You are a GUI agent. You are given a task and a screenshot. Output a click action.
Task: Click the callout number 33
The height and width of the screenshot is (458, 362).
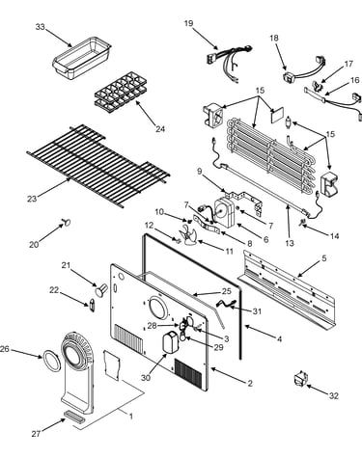pos(41,27)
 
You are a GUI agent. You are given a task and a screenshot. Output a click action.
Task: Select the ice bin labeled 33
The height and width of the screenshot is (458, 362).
pos(82,58)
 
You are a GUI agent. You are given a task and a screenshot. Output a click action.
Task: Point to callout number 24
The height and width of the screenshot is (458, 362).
pos(160,129)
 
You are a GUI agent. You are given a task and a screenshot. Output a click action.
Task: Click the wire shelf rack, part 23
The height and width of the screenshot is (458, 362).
pos(98,166)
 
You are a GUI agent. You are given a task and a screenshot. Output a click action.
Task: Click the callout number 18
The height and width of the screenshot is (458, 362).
pos(274,38)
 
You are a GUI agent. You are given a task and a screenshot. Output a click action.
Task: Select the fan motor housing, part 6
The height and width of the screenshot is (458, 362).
pos(225,212)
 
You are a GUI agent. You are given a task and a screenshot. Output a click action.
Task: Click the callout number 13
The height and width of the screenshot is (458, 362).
pos(290,243)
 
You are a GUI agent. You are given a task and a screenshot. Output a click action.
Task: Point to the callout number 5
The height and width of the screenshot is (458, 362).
pos(323,257)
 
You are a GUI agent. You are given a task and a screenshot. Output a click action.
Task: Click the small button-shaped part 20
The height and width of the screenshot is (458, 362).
pos(68,222)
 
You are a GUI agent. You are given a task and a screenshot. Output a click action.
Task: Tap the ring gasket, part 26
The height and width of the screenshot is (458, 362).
pos(52,361)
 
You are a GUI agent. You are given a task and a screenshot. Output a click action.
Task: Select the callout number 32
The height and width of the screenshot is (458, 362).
pos(334,395)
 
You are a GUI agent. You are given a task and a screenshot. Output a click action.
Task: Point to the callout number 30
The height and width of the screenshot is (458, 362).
pos(146,378)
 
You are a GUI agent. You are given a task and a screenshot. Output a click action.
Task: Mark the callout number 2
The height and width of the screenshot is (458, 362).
pos(250,383)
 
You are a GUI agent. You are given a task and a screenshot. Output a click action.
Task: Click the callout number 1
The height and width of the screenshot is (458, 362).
pos(131,417)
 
